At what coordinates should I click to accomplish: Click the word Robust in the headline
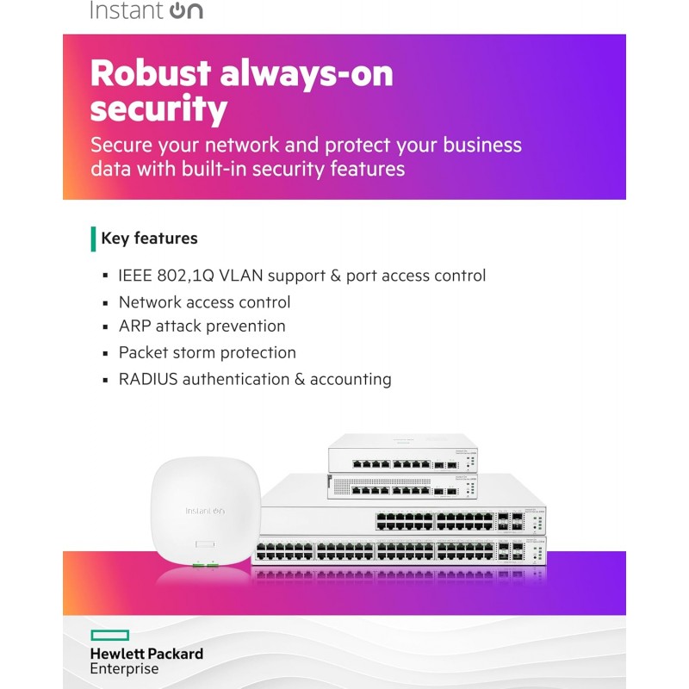coord(147,74)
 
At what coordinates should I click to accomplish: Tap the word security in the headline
coord(158,110)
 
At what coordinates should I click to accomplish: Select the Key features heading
coord(149,239)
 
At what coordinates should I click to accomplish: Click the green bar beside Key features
coord(93,239)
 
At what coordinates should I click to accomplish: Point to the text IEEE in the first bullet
coord(138,276)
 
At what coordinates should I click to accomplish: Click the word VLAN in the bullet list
coord(242,276)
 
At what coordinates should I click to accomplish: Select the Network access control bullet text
coord(204,302)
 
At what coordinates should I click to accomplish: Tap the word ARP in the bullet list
coord(135,326)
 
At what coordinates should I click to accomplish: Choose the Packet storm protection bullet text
coord(207,352)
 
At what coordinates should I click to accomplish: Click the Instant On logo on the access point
coord(205,511)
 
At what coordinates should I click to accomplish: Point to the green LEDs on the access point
coord(205,564)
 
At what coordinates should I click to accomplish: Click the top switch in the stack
coord(400,453)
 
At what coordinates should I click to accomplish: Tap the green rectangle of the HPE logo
coord(109,636)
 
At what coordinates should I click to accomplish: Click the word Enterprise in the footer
coord(124,669)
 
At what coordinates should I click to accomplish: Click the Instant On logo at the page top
coord(146,11)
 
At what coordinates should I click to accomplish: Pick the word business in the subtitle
coord(476,144)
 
